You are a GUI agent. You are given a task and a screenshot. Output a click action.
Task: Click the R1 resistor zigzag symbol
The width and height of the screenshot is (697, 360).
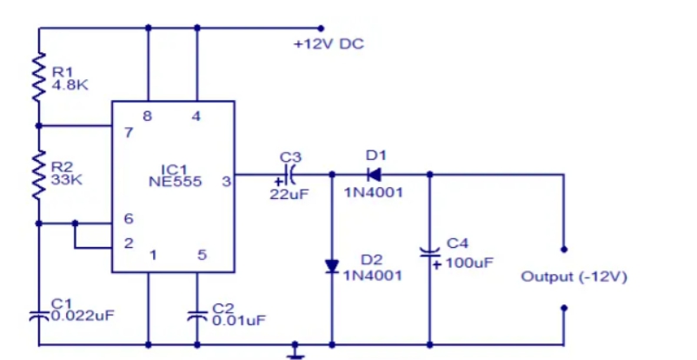(38, 77)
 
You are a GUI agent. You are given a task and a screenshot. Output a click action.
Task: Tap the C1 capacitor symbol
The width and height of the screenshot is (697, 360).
(38, 314)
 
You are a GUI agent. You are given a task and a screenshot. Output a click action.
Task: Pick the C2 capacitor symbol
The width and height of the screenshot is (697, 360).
(196, 314)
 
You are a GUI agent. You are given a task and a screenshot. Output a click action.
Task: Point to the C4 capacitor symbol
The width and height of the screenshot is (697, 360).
(430, 252)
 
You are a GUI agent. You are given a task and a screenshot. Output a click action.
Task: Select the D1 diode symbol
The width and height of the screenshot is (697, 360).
(374, 174)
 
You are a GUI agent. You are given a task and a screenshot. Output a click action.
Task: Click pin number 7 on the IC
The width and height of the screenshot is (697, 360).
(128, 133)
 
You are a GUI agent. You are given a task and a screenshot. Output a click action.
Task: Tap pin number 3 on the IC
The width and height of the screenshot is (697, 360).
(226, 181)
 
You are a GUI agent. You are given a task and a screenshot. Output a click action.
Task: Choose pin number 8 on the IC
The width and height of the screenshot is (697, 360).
(148, 114)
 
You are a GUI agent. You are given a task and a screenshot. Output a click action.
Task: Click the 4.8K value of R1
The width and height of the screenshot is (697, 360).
(71, 85)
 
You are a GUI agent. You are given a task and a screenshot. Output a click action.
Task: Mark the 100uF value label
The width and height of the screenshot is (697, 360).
(469, 260)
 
